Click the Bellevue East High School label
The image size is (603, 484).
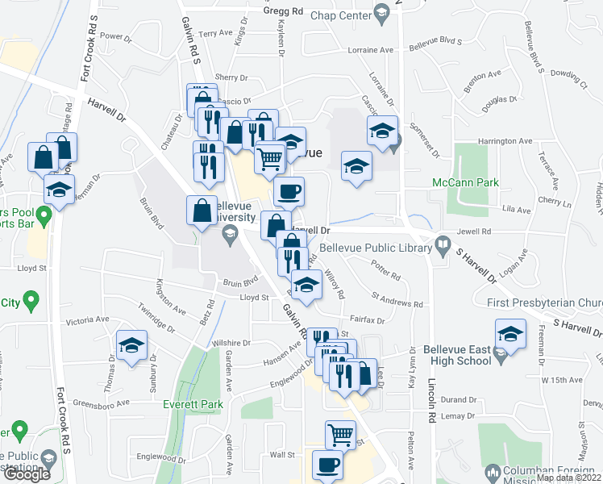457,355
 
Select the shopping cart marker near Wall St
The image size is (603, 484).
341,435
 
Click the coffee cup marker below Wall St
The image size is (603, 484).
327,465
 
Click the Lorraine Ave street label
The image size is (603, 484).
371,50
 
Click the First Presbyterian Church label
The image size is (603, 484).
545,302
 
